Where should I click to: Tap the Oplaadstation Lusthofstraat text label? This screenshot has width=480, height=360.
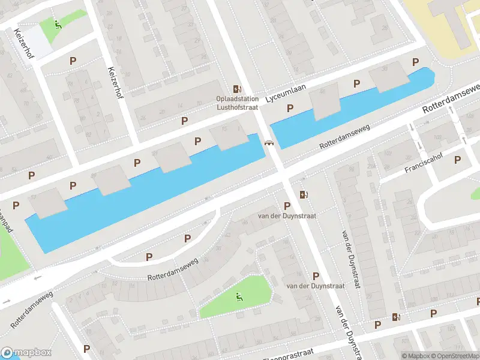[x=238, y=103]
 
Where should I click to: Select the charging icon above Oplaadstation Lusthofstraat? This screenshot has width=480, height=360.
[x=238, y=88]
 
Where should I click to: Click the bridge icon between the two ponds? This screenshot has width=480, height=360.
[x=269, y=142]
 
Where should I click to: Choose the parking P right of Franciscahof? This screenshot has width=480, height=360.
[x=457, y=160]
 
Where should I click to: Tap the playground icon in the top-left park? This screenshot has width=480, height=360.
[x=57, y=25]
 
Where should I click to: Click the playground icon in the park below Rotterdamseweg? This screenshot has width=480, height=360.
[x=239, y=296]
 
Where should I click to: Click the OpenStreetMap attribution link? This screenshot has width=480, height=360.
[x=452, y=356]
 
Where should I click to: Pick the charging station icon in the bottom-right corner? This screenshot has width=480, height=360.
[x=395, y=317]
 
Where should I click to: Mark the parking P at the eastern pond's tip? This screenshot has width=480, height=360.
[x=415, y=62]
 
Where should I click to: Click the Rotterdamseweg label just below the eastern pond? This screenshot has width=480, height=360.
[x=344, y=137]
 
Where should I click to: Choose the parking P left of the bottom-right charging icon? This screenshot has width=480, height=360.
[x=377, y=325]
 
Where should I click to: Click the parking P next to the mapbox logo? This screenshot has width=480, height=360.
[x=86, y=349]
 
